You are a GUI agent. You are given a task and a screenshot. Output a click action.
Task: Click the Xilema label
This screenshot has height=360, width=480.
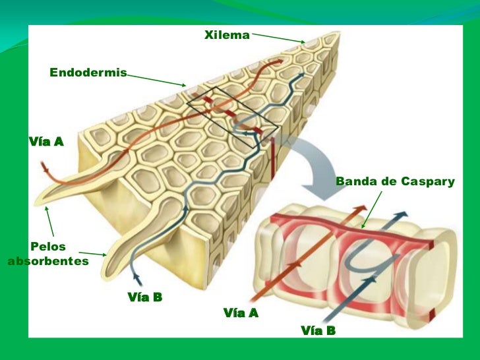coord(227,35)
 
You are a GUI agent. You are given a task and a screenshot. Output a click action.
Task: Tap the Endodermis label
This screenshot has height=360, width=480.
coord(88,72)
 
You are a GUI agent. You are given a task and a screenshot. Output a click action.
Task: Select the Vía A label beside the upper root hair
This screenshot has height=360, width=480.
coord(45,141)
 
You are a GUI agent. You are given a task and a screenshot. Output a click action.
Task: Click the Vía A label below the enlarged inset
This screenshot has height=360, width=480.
coord(241,313)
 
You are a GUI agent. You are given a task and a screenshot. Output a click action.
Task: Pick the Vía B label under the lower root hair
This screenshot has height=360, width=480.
coord(144,297)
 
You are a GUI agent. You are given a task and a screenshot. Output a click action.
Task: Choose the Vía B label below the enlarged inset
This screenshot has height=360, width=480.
coord(318,330)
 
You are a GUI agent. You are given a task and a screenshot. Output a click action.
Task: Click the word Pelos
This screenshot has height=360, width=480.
coord(49,247)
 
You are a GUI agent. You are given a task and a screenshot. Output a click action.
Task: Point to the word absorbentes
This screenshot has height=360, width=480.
coord(47,262)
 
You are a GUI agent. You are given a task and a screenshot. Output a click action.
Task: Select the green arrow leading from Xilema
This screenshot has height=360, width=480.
coord(278,37)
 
